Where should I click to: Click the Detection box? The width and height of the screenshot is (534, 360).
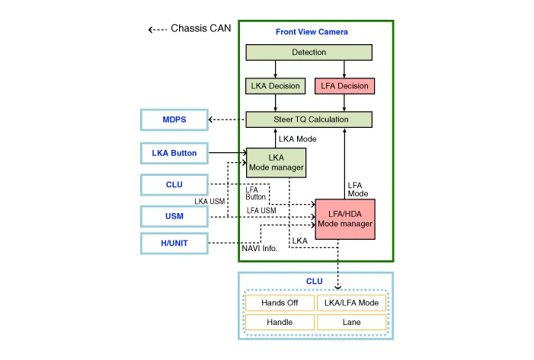(309, 53)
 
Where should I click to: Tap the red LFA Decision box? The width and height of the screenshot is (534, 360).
(342, 86)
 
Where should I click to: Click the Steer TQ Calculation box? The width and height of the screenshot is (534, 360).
(309, 119)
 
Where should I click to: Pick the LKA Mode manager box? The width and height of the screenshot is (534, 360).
(276, 162)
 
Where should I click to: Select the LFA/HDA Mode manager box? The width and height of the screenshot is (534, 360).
(345, 218)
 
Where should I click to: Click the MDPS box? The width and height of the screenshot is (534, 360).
(174, 120)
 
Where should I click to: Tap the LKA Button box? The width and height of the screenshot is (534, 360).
(174, 153)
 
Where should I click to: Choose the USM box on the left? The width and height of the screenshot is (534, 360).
(174, 216)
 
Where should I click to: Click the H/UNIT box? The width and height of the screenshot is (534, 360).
(174, 244)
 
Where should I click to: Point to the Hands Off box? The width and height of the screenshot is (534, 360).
(280, 303)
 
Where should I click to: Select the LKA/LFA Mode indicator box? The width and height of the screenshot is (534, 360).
(351, 303)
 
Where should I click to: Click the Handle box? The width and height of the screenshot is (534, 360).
(280, 323)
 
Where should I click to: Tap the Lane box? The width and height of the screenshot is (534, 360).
(351, 323)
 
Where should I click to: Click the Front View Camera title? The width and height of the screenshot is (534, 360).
(312, 32)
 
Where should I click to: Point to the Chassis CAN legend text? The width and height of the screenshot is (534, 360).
(200, 29)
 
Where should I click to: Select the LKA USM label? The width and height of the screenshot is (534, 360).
(209, 202)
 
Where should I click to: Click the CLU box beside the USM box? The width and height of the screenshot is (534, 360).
(174, 184)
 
